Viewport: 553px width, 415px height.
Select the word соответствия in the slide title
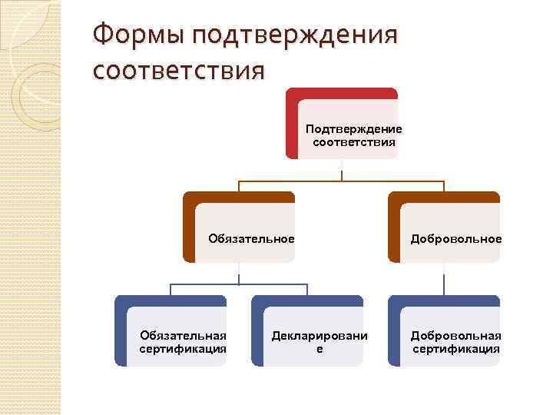point(178,71)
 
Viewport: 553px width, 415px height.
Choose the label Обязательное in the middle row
point(251,238)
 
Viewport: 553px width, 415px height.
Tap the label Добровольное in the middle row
point(455,238)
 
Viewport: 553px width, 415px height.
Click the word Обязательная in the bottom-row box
point(183,335)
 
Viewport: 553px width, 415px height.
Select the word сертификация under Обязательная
point(183,348)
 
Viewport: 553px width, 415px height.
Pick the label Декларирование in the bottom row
point(320,341)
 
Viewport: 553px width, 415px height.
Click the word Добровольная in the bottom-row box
point(455,335)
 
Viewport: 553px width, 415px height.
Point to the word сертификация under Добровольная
point(455,348)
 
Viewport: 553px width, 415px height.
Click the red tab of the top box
point(342,93)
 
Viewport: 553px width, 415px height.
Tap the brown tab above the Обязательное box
point(238,198)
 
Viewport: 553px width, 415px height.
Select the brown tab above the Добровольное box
point(443,198)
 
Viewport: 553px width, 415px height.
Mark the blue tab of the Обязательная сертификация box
point(170,301)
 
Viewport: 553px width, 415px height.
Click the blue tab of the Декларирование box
point(306,301)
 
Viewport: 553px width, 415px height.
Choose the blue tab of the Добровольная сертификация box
point(443,301)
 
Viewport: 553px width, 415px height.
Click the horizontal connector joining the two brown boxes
point(341,181)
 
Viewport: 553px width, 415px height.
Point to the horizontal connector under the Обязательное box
point(238,284)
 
